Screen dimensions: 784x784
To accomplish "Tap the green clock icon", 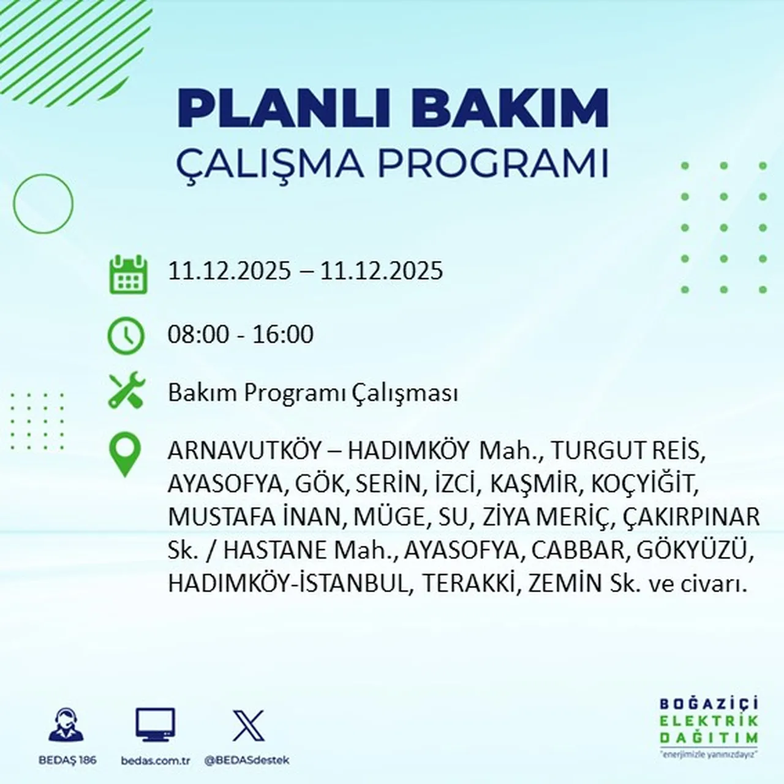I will coord(126,336).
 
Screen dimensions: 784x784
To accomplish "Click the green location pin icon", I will coord(125,454).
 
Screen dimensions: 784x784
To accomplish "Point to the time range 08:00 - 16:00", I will coord(241,334).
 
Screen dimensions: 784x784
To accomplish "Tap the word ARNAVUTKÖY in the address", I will coord(244,451).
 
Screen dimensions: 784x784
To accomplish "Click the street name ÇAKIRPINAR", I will coord(691,517).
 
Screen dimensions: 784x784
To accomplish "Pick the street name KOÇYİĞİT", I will coord(644,484).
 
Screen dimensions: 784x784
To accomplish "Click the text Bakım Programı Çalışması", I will coord(312,393).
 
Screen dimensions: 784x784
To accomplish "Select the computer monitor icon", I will coord(155,725).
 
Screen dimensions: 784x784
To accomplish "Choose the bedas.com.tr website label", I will coord(156,761).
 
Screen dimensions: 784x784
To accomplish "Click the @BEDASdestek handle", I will coord(246,761).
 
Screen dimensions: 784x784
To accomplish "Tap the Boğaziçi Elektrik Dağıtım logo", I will coord(709,727).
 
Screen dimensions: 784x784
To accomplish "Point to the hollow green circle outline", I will coord(43,203).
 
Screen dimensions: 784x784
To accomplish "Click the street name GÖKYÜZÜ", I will coord(695,550).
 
